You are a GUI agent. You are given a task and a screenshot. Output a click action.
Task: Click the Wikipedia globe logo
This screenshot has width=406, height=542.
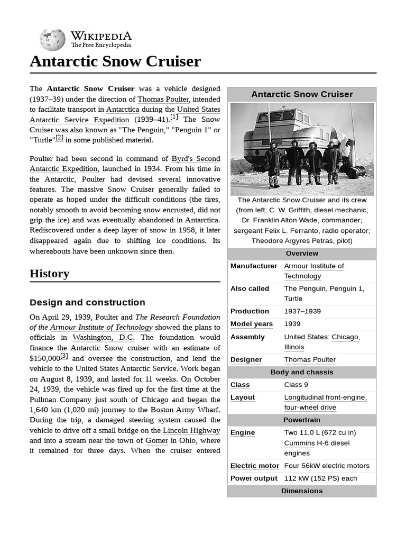[x=52, y=40]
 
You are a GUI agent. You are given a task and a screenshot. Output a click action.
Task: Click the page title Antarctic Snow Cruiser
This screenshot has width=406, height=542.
[x=115, y=61]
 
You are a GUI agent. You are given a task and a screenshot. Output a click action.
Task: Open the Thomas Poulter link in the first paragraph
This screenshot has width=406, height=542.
[x=163, y=99]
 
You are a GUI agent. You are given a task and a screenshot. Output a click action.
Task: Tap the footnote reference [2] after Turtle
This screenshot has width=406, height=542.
[x=59, y=138]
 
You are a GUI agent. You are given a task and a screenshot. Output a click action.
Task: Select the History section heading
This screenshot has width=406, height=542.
[x=49, y=274]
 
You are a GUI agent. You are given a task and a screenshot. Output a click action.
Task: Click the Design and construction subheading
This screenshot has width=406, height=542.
[x=87, y=303]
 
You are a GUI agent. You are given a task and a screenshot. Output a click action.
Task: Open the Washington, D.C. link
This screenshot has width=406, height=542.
[x=104, y=338]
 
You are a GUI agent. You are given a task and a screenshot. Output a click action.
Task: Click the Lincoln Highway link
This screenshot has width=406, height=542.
[x=191, y=430]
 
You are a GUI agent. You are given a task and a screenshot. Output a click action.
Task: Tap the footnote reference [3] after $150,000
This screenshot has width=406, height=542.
[x=64, y=357]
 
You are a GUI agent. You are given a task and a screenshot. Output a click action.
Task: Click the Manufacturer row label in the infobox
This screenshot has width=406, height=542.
[x=253, y=266]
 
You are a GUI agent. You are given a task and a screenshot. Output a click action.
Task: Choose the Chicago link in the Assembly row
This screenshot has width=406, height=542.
[x=345, y=337]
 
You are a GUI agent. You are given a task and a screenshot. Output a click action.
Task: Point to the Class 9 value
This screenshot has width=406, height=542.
[x=300, y=385]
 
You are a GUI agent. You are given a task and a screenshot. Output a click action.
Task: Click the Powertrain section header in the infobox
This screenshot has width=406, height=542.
[x=302, y=420]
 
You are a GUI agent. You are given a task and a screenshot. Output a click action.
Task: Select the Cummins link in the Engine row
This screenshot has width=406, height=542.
[x=299, y=443]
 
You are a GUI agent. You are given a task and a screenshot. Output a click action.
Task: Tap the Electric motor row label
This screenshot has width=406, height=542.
[x=254, y=466]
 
